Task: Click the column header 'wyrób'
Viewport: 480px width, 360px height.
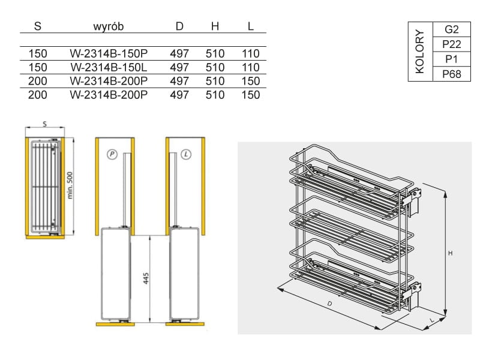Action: (x=108, y=27)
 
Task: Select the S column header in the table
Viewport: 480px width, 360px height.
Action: (x=38, y=27)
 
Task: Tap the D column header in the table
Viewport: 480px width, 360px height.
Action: (x=179, y=27)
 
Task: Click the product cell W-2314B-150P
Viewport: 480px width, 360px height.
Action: (x=108, y=53)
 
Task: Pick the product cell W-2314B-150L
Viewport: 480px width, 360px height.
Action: (x=108, y=67)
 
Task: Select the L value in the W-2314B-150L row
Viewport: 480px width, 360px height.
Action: (x=250, y=67)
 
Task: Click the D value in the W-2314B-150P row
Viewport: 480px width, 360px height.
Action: (x=179, y=53)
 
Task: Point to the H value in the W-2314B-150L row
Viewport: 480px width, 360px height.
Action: (x=215, y=67)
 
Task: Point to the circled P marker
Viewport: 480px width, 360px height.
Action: (x=112, y=154)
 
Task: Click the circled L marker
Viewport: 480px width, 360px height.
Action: (x=187, y=154)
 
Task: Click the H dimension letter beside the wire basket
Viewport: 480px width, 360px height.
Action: (x=450, y=253)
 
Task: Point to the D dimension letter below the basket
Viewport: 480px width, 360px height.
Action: (x=329, y=304)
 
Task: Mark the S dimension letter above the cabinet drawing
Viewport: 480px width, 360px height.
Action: (x=45, y=124)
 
